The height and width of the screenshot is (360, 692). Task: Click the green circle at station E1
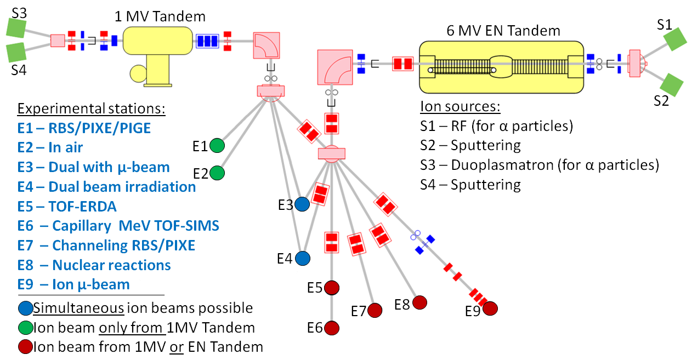pyautogui.click(x=217, y=145)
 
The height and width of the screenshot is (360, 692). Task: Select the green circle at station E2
pyautogui.click(x=217, y=173)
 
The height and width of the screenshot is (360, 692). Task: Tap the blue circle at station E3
pyautogui.click(x=302, y=204)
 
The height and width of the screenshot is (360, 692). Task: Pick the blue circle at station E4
pyautogui.click(x=302, y=258)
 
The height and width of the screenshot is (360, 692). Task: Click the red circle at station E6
pyautogui.click(x=331, y=328)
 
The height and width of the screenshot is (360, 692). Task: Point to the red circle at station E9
pyautogui.click(x=490, y=308)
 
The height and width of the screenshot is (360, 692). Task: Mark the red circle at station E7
pyautogui.click(x=375, y=310)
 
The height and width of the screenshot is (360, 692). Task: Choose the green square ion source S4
pyautogui.click(x=16, y=53)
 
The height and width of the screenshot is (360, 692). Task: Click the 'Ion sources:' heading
pyautogui.click(x=460, y=106)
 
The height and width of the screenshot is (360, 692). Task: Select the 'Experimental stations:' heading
pyautogui.click(x=90, y=108)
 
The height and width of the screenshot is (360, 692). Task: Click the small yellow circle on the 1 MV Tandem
pyautogui.click(x=138, y=72)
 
